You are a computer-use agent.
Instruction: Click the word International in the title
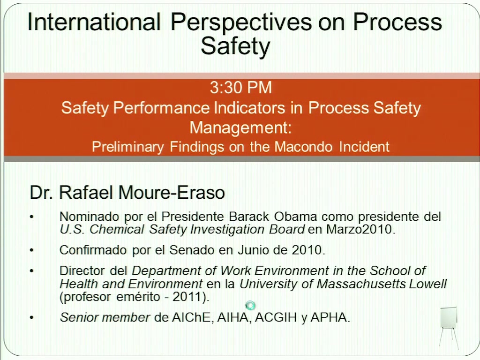click(94, 22)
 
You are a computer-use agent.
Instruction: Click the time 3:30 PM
click(241, 88)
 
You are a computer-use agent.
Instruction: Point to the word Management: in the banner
click(240, 127)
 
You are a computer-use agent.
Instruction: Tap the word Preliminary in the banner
click(127, 147)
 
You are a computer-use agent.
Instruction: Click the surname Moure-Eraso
click(172, 193)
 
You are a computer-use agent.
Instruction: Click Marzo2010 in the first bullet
click(359, 229)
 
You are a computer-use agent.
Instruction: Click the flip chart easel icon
click(449, 328)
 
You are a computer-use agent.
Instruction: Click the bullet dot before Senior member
click(31, 318)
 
